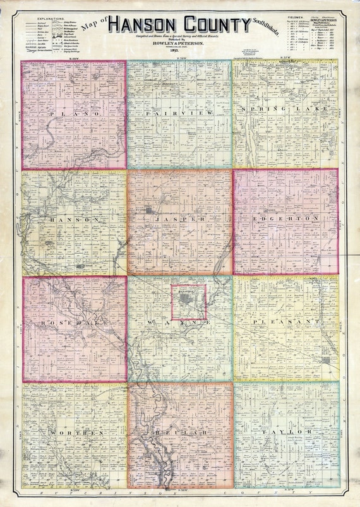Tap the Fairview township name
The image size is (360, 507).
[x=179, y=112]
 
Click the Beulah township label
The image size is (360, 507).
[x=179, y=433]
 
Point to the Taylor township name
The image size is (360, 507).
[x=286, y=431]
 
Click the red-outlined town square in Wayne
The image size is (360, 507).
[x=188, y=302]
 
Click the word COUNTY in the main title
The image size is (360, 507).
[x=215, y=26]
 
